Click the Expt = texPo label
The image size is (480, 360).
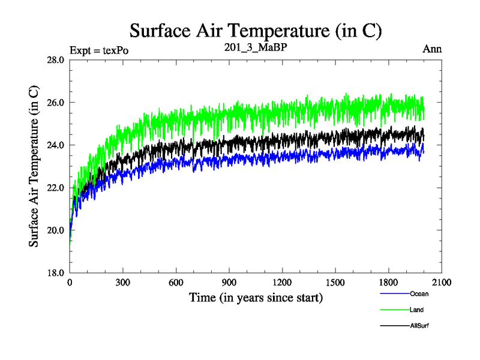point(99,50)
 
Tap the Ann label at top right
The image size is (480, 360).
point(433,49)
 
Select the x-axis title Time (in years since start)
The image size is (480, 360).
point(256,297)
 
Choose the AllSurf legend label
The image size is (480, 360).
point(420,326)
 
